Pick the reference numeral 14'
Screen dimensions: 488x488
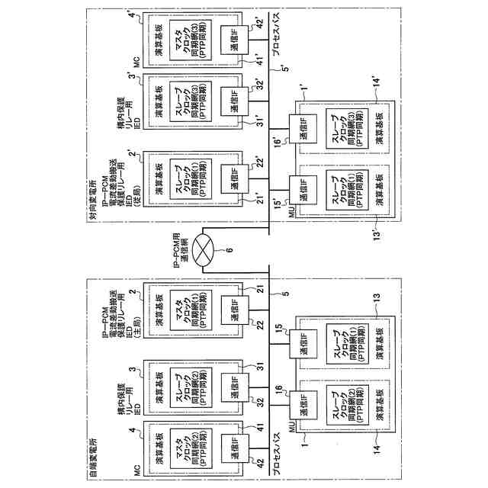point(376,80)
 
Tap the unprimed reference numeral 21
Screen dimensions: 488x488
point(260,291)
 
